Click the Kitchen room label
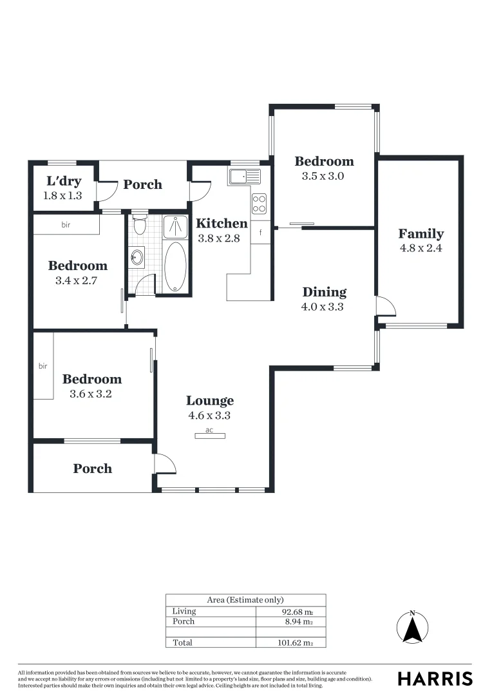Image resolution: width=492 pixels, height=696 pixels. (222, 224)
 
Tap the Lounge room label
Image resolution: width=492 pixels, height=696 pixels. (210, 401)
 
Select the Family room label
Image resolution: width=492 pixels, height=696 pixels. (421, 234)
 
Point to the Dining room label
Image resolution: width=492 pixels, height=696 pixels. (325, 293)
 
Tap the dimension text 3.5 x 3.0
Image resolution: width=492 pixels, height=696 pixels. (323, 176)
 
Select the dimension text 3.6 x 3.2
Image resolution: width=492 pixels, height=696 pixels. (91, 394)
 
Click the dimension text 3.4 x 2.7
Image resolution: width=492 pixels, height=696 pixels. (77, 281)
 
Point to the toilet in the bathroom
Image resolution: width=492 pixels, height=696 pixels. (140, 226)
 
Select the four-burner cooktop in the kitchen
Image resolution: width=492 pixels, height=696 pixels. (259, 204)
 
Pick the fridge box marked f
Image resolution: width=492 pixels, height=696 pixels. (261, 233)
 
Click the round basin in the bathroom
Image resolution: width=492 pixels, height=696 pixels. (137, 258)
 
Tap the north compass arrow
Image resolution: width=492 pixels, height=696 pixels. (413, 627)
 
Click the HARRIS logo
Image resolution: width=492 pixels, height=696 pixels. (435, 679)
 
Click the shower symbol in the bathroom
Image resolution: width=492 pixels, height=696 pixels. (175, 226)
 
